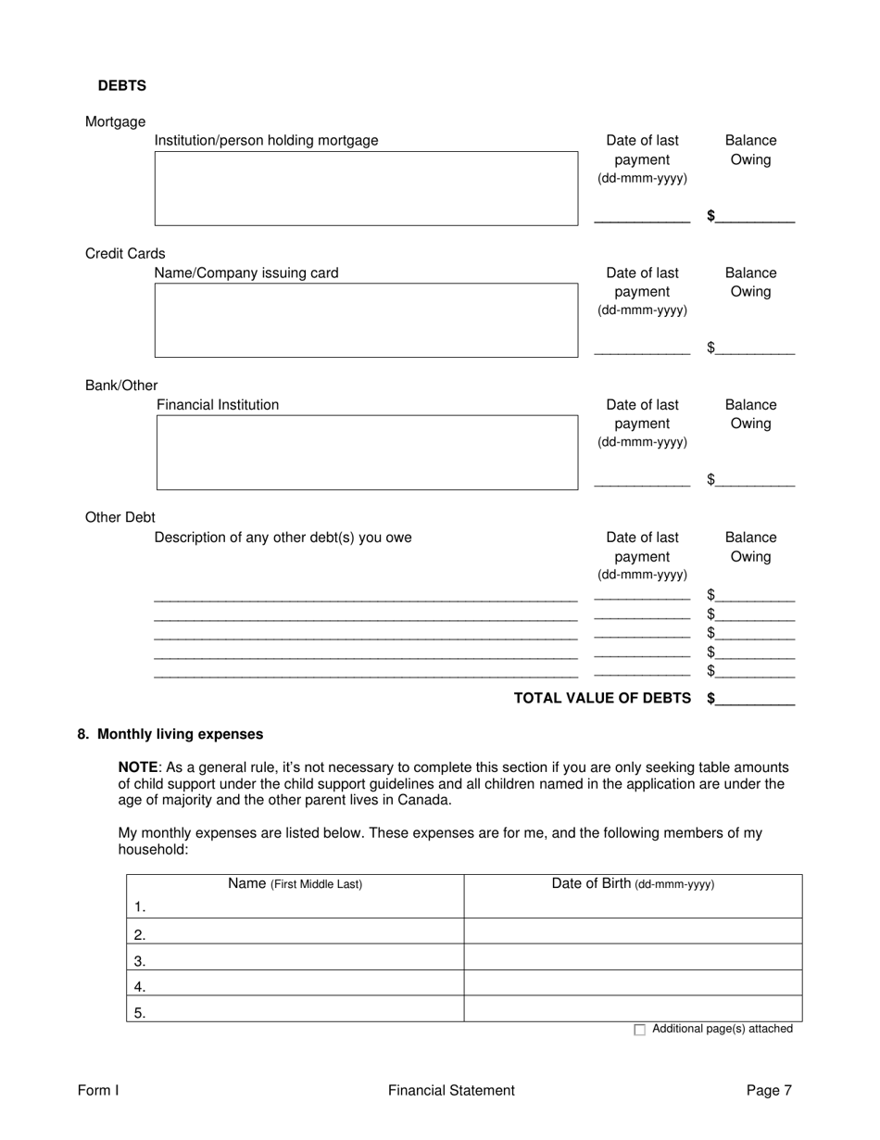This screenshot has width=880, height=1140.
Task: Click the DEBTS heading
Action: (x=121, y=85)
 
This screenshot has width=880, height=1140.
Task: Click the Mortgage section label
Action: (x=115, y=121)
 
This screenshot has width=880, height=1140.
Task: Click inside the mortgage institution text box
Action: (x=366, y=188)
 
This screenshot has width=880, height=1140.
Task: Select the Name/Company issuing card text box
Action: (x=366, y=320)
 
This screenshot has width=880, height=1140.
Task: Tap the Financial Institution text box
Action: (x=366, y=452)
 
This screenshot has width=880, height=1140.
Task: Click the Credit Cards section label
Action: (x=125, y=253)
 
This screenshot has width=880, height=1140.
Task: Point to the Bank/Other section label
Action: (x=121, y=386)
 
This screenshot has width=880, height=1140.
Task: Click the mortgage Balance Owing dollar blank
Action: (x=754, y=217)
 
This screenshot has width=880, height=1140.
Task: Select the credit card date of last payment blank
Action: (x=641, y=349)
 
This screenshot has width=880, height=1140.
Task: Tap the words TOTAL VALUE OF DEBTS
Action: (x=602, y=698)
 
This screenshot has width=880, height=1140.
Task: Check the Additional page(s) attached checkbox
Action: (x=640, y=1030)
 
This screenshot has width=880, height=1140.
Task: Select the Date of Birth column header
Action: (x=633, y=884)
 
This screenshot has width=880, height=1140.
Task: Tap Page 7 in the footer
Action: (x=769, y=1091)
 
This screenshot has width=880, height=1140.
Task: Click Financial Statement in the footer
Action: (x=451, y=1091)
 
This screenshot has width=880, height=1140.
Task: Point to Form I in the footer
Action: (x=98, y=1091)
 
